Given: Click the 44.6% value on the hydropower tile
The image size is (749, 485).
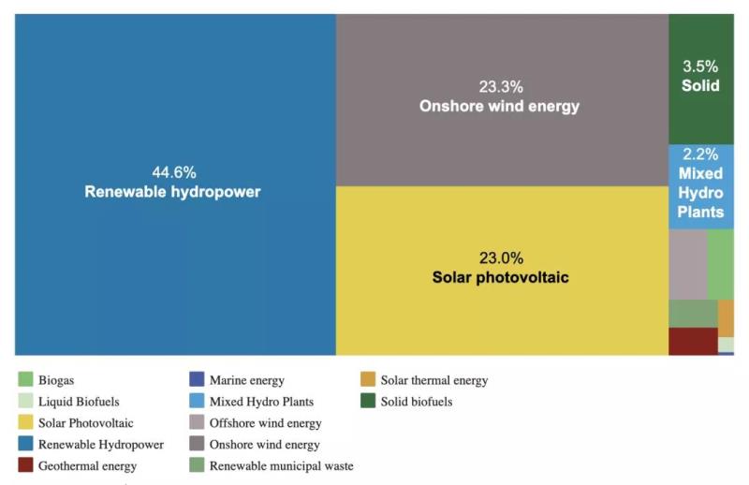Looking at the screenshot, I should pyautogui.click(x=174, y=172).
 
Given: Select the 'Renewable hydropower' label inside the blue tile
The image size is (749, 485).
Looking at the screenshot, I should pyautogui.click(x=173, y=192).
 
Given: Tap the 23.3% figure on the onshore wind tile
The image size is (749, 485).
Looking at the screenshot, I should pyautogui.click(x=499, y=87).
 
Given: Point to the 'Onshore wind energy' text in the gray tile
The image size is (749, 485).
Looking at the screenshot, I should pyautogui.click(x=499, y=107).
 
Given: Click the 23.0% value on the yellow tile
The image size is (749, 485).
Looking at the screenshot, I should pyautogui.click(x=501, y=257).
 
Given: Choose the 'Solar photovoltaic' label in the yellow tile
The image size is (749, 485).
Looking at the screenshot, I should pyautogui.click(x=501, y=277).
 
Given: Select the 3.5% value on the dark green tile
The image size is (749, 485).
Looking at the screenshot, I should pyautogui.click(x=700, y=66).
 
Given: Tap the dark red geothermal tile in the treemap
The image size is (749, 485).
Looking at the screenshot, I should pyautogui.click(x=693, y=341).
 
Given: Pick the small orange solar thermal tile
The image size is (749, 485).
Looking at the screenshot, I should pyautogui.click(x=726, y=318).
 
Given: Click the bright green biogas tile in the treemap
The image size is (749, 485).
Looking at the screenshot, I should pyautogui.click(x=720, y=264).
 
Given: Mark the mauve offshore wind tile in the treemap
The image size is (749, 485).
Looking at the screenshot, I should pyautogui.click(x=687, y=264).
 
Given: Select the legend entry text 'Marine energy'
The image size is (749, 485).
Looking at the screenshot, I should pyautogui.click(x=247, y=380).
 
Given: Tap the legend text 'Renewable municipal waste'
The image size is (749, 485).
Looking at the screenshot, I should pyautogui.click(x=281, y=465).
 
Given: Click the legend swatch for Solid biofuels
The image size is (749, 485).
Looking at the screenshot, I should pyautogui.click(x=368, y=402).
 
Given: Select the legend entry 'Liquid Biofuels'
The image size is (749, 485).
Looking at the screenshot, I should pyautogui.click(x=79, y=402).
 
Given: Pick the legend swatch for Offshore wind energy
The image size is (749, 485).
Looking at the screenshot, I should pyautogui.click(x=197, y=423).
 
